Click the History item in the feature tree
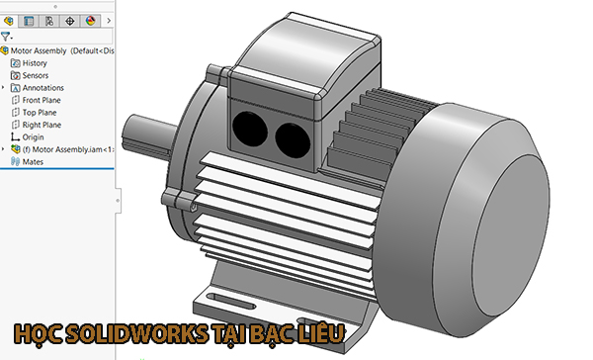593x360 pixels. tap(35, 62)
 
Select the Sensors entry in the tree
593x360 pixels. tap(36, 75)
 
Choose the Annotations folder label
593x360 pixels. tap(42, 87)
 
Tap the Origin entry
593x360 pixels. tap(33, 137)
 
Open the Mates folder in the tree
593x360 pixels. tap(33, 161)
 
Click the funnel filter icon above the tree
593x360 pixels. tap(6, 36)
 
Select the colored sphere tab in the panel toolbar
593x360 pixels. tap(91, 20)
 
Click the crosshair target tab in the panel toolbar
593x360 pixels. tap(70, 20)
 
